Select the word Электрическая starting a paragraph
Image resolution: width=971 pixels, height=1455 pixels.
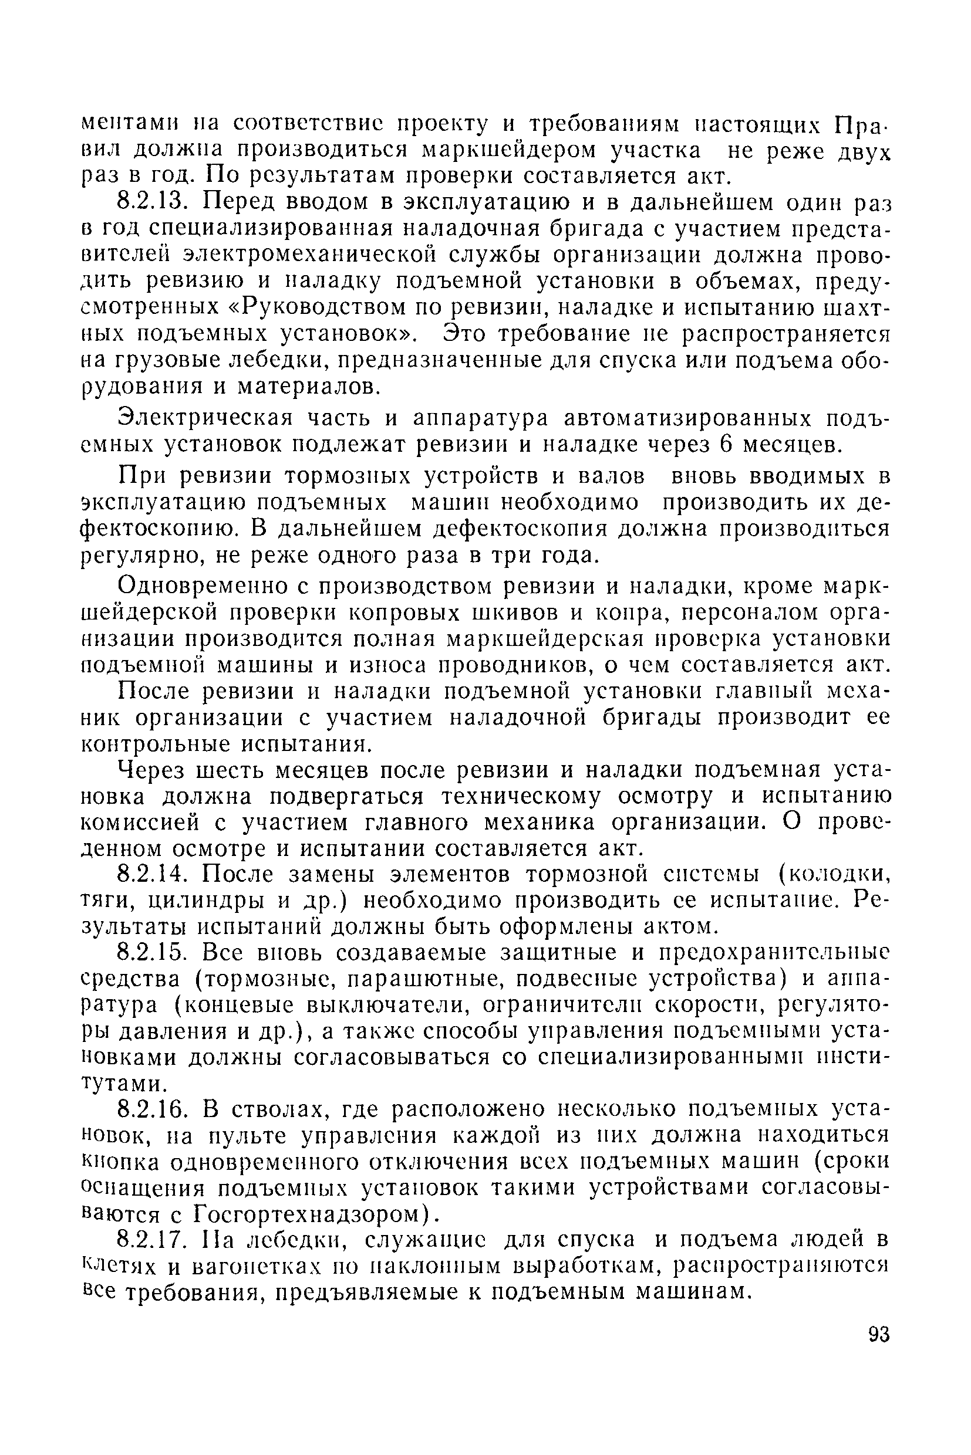pyautogui.click(x=205, y=418)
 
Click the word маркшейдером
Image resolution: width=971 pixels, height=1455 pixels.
pyautogui.click(x=509, y=150)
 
